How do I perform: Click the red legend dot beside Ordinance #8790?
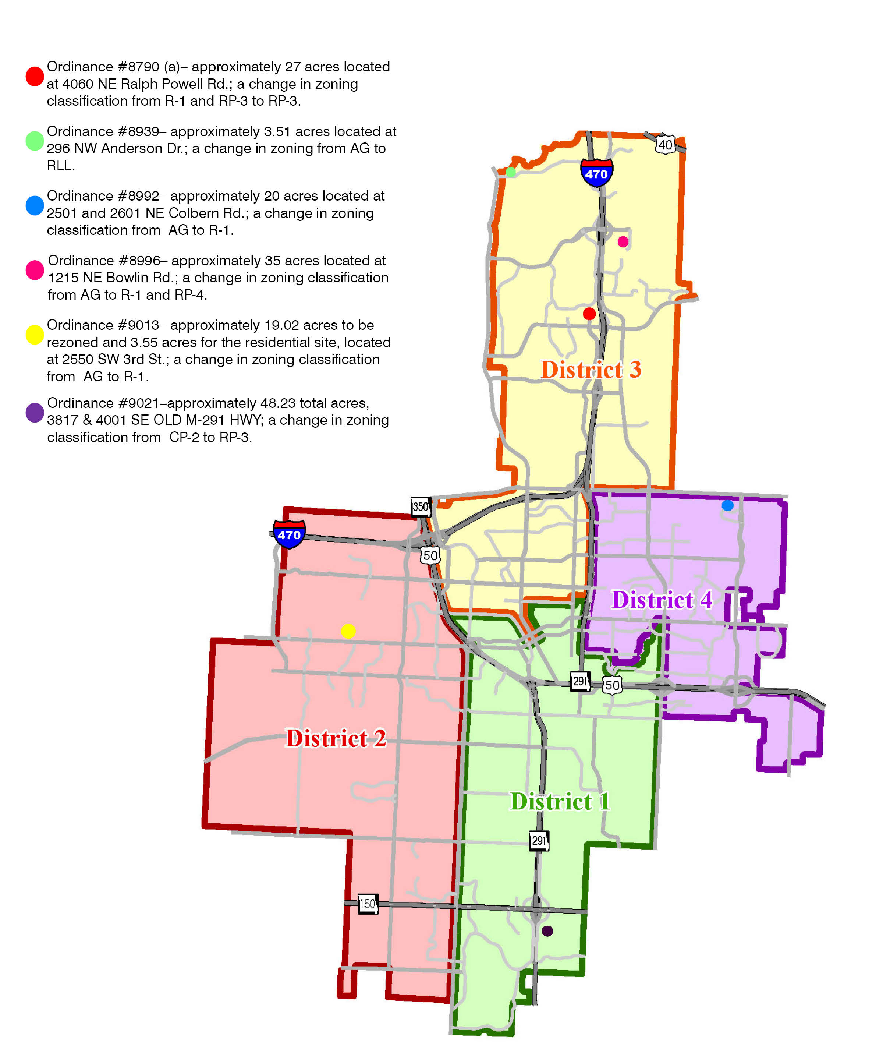pyautogui.click(x=35, y=76)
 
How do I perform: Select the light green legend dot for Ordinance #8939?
pyautogui.click(x=35, y=141)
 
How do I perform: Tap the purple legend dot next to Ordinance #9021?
pyautogui.click(x=35, y=413)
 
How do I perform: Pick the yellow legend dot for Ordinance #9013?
pyautogui.click(x=35, y=335)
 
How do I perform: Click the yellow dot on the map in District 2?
pyautogui.click(x=348, y=631)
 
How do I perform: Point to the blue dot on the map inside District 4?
pyautogui.click(x=727, y=505)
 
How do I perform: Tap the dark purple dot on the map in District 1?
pyautogui.click(x=547, y=931)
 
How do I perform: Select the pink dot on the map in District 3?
pyautogui.click(x=623, y=242)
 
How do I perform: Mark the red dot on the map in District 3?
pyautogui.click(x=589, y=314)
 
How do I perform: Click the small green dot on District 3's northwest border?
pyautogui.click(x=511, y=172)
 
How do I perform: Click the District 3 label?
pyautogui.click(x=591, y=370)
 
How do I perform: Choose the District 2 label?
pyautogui.click(x=336, y=739)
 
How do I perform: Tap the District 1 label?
pyautogui.click(x=560, y=802)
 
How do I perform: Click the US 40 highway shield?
pyautogui.click(x=665, y=145)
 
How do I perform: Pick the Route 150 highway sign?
pyautogui.click(x=368, y=903)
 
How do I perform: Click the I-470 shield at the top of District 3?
pyautogui.click(x=596, y=173)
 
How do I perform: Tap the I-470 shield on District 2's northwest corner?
pyautogui.click(x=289, y=534)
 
